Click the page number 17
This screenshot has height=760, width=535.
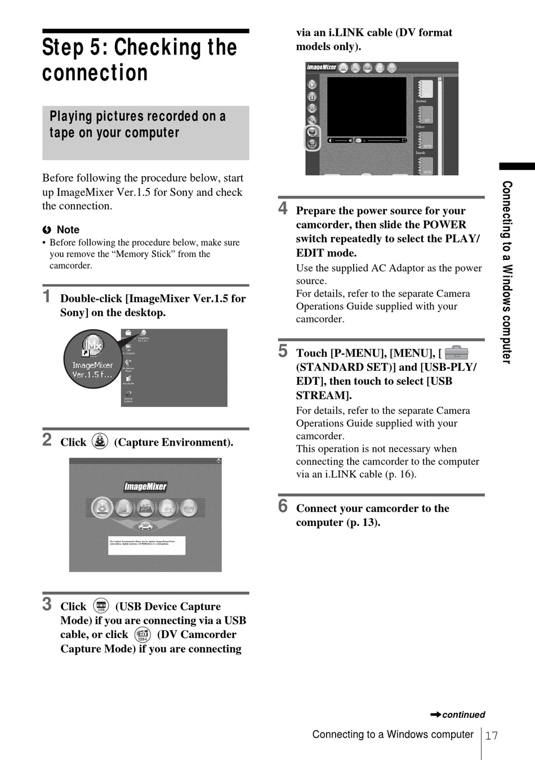[x=492, y=736]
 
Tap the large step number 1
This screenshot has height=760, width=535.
[x=47, y=296]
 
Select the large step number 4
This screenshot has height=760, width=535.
[x=283, y=208]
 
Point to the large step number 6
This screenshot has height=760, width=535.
[x=283, y=506]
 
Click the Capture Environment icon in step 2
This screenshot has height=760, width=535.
[x=100, y=441]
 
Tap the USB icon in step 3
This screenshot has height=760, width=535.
[x=101, y=605]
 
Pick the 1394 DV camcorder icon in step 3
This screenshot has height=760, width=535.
[x=142, y=635]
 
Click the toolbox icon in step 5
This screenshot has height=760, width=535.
[x=456, y=353]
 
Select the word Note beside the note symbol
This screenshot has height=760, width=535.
[x=68, y=230]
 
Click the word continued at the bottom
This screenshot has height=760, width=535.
[x=463, y=715]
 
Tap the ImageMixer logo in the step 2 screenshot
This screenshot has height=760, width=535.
[x=145, y=487]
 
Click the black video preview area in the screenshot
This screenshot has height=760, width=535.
[x=367, y=107]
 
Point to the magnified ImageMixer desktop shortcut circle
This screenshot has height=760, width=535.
[x=92, y=359]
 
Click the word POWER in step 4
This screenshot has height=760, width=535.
[x=444, y=224]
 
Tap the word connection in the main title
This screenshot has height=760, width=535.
[x=95, y=73]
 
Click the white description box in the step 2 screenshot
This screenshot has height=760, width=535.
[x=146, y=545]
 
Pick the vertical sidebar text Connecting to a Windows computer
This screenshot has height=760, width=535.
[x=507, y=272]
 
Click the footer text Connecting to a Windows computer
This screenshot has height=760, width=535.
[x=393, y=735]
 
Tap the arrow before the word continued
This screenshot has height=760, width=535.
[x=435, y=714]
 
